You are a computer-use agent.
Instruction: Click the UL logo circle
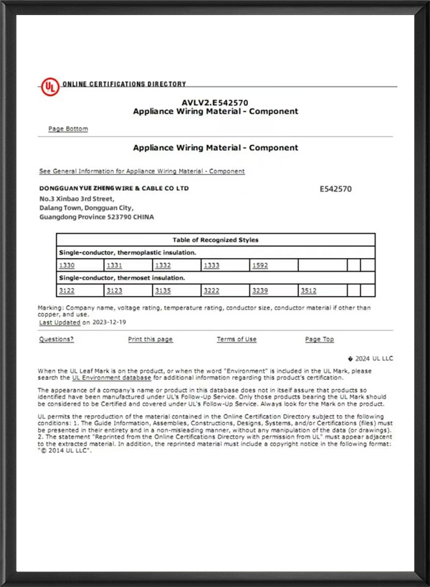click(49, 87)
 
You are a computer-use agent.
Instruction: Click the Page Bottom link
click(68, 129)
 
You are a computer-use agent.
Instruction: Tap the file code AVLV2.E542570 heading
click(216, 102)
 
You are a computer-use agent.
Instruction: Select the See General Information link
click(142, 171)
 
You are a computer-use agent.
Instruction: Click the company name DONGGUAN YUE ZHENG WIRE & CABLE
click(114, 188)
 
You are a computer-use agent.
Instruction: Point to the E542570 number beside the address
click(335, 189)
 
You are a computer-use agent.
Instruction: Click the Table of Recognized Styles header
click(216, 240)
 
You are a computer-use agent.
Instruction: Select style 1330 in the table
click(67, 265)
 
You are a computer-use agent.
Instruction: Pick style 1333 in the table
click(211, 265)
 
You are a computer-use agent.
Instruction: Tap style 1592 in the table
click(259, 265)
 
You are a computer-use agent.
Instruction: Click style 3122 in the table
click(67, 290)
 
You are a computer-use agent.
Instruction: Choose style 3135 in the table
click(163, 290)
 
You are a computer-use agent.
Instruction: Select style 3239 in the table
click(259, 290)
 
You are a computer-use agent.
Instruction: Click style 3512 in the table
click(308, 290)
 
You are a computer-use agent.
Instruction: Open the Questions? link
click(57, 339)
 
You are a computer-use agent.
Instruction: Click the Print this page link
click(150, 339)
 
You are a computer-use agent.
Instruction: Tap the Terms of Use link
click(236, 339)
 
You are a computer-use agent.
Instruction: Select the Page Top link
click(320, 339)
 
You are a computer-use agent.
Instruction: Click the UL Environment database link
click(111, 377)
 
